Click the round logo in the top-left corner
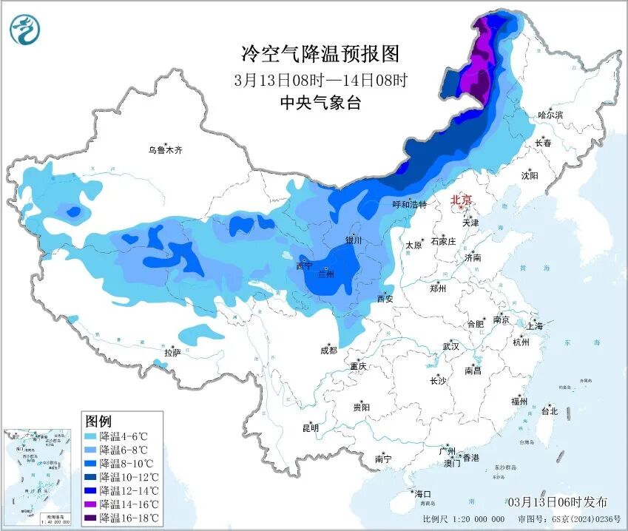click(25, 30)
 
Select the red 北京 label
click(462, 200)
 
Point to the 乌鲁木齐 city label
click(164, 150)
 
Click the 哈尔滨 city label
click(550, 115)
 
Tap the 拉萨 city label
click(172, 353)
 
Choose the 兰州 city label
click(325, 274)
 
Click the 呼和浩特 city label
click(409, 205)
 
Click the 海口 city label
click(422, 493)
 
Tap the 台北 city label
click(549, 411)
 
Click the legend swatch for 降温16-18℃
click(91, 517)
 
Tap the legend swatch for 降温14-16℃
click(91, 504)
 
